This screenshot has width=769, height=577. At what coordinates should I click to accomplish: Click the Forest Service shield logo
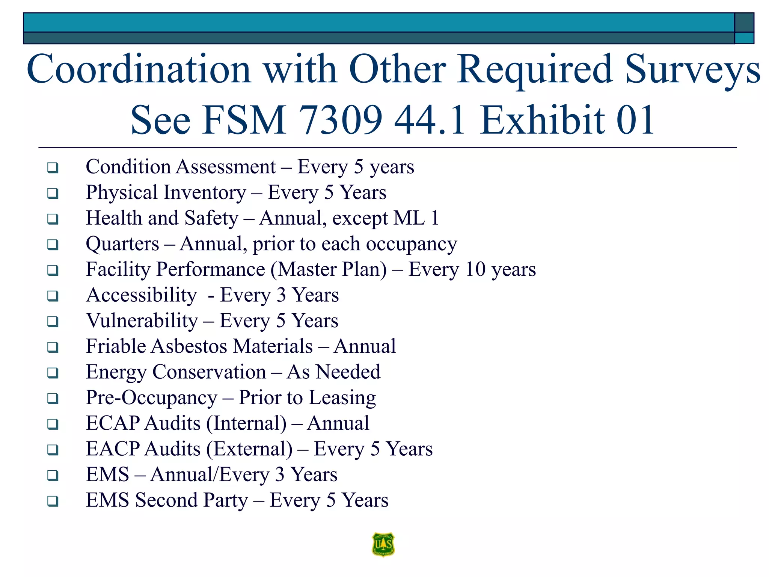383,544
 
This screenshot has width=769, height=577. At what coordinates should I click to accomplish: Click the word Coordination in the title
139,69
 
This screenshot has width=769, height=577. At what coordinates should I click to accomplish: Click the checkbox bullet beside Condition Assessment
53,168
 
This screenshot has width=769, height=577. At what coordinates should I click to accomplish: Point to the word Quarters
122,244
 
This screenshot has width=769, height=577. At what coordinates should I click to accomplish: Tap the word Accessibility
141,295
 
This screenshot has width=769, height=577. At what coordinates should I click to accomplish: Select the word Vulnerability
142,321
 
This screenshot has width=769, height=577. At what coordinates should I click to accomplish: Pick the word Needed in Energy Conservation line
348,372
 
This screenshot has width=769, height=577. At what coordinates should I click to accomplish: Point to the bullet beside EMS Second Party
53,501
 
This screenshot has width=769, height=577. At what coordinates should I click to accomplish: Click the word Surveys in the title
692,69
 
